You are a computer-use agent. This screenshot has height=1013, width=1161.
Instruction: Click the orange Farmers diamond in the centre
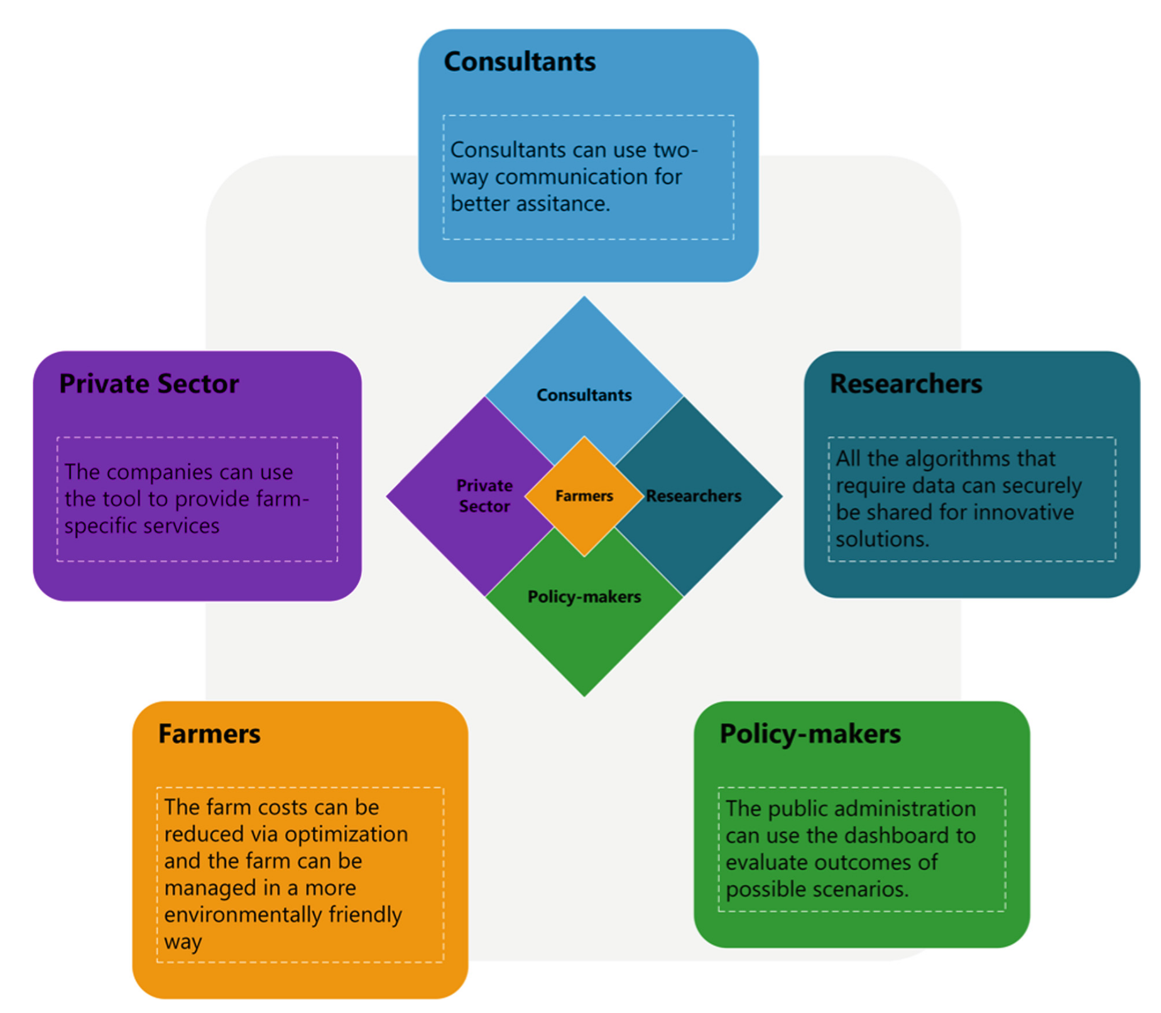tap(584, 496)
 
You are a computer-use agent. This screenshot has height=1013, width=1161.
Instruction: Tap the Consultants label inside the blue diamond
tap(584, 395)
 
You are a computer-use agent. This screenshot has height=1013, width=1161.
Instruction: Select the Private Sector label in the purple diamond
tap(484, 496)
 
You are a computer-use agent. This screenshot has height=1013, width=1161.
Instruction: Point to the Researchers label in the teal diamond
tap(694, 496)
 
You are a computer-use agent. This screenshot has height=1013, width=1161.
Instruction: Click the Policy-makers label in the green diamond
tap(584, 596)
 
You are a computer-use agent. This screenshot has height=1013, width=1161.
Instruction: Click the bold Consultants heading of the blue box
tap(520, 62)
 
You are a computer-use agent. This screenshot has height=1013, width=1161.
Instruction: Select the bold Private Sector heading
tap(149, 384)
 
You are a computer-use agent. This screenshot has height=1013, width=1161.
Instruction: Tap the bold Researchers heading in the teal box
tap(905, 384)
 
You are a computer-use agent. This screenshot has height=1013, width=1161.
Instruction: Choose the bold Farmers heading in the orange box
tap(209, 734)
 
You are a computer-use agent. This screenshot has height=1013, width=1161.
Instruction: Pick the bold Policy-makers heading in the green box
tap(810, 734)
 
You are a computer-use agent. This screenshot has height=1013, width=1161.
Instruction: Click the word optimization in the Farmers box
tap(346, 835)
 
